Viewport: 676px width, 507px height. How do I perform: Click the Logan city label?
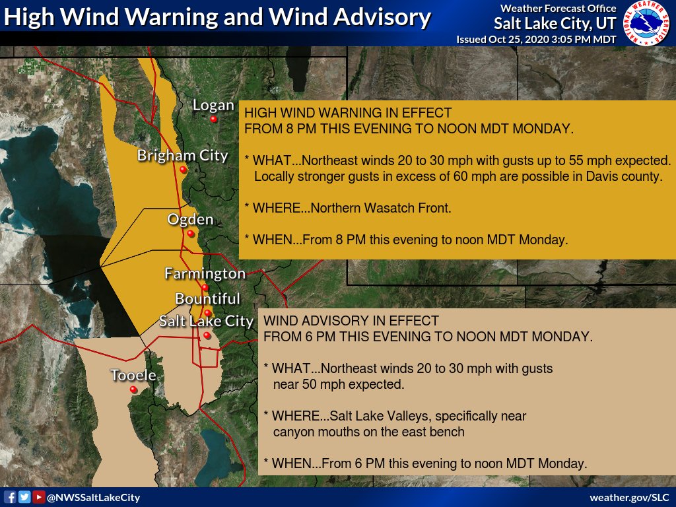click(213, 105)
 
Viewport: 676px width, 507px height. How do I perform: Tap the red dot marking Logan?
click(214, 119)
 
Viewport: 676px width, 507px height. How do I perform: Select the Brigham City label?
click(182, 156)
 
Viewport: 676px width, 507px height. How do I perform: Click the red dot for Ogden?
click(190, 234)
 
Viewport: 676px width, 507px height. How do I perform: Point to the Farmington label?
click(205, 273)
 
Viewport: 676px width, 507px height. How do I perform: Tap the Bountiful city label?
click(207, 299)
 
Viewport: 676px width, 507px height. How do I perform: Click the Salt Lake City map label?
click(206, 321)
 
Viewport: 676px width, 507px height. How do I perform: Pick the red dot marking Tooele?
click(133, 390)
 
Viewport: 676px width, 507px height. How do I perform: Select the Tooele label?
click(133, 375)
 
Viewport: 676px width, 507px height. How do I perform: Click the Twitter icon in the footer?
click(24, 497)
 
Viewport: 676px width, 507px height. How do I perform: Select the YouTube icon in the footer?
click(39, 497)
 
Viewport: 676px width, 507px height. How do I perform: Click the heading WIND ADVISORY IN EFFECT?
click(351, 321)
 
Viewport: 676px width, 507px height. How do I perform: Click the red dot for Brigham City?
click(183, 170)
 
